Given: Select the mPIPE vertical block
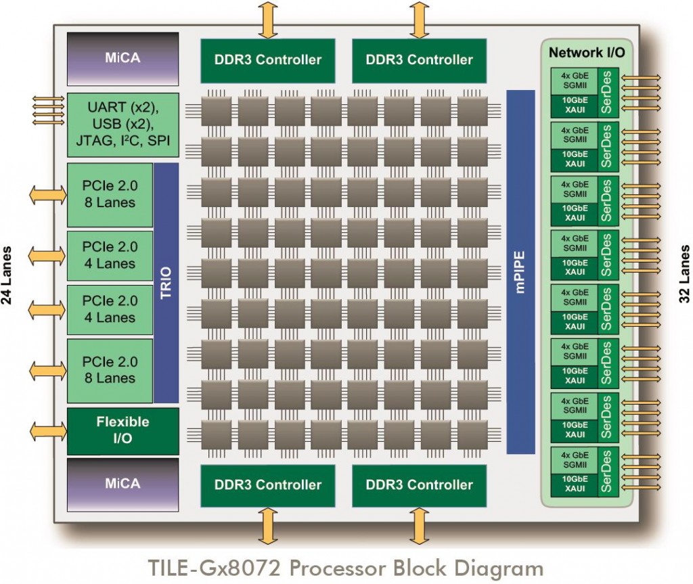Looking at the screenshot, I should coord(520,271).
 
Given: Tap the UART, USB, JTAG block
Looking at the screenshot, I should coord(123,125).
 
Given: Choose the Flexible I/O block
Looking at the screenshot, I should coord(123,430).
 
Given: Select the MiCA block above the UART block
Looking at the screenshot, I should coord(123,58).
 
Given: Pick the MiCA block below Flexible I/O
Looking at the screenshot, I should coord(123,483).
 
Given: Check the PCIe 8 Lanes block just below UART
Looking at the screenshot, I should coord(110,194).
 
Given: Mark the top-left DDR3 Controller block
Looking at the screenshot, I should coord(268,60).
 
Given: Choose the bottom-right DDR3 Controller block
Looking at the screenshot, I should coord(420,485).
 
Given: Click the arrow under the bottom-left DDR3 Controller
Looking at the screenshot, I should coord(268,525).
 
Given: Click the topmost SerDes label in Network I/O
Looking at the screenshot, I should coord(606,91).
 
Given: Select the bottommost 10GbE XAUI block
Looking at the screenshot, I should coord(575,485).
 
